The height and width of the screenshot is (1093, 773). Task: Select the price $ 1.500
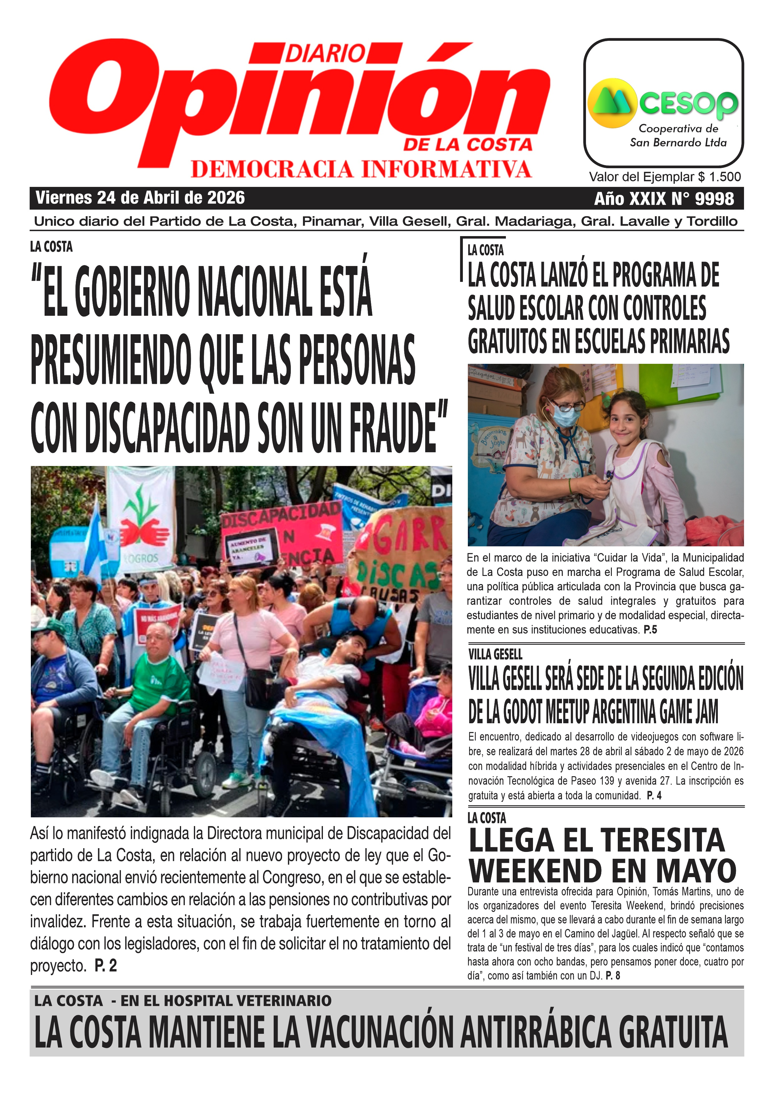tap(719, 177)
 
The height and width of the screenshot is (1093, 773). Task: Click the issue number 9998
tap(714, 198)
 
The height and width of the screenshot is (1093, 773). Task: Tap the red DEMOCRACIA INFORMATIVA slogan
tap(361, 169)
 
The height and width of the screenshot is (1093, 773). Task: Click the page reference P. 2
tap(105, 966)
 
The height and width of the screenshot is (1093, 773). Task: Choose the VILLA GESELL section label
tap(495, 654)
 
